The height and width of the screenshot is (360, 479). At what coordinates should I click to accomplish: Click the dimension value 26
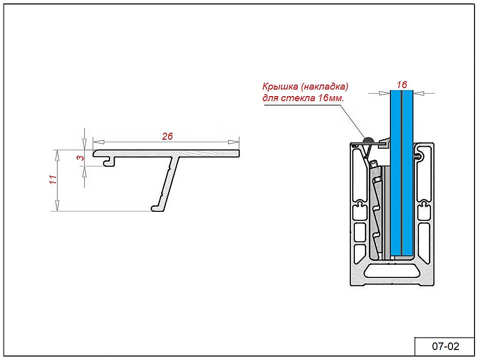coord(167,136)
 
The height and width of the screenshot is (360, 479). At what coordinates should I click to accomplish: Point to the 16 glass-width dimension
coord(401,85)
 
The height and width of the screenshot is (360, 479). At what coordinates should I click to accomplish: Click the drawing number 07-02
coord(445,346)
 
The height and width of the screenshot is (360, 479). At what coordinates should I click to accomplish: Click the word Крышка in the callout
coord(278,86)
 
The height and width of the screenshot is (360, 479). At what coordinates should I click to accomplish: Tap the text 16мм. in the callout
coord(331,97)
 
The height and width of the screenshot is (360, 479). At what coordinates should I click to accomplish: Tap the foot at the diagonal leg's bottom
coord(156,208)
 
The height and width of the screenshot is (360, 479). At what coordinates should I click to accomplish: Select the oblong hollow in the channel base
coord(392,271)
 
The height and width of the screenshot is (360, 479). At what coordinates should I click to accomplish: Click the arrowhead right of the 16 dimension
coord(417,93)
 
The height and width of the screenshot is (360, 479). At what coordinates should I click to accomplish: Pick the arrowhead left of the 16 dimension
coord(385,93)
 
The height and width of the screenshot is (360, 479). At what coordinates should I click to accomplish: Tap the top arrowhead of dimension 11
coord(57,153)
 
